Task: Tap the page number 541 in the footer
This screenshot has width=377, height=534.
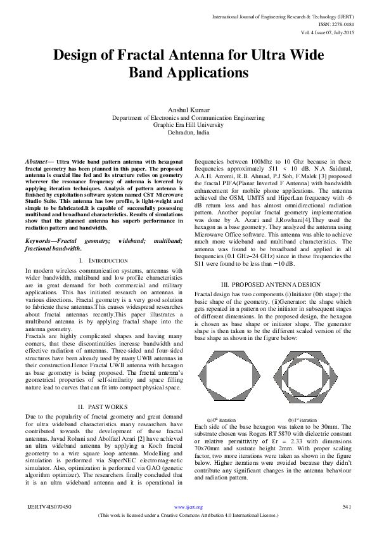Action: [347, 507]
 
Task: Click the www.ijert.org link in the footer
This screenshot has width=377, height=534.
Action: [188, 507]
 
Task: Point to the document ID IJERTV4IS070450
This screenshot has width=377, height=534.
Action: [49, 507]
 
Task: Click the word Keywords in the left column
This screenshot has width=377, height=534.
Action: [39, 242]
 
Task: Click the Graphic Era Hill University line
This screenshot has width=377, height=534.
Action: [189, 126]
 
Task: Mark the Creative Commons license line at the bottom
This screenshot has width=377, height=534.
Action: [188, 515]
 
